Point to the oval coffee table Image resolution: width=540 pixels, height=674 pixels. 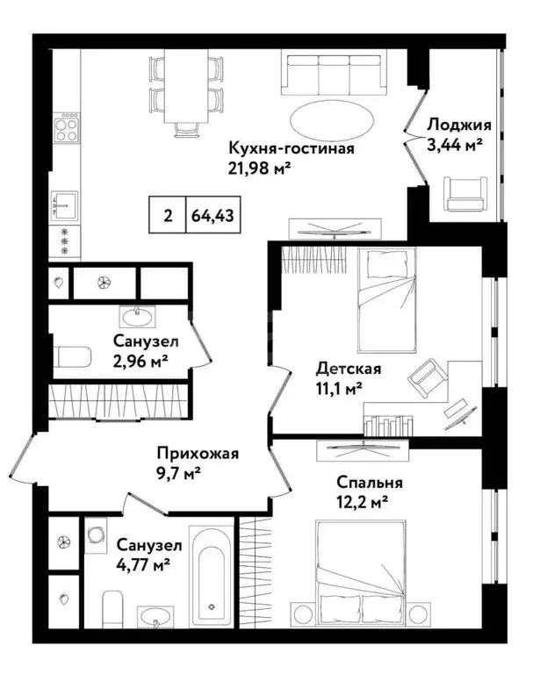point(326,117)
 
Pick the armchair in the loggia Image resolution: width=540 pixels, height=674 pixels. point(462,191)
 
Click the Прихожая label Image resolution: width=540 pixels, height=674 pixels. point(198,454)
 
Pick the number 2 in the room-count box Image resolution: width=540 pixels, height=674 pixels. point(166,213)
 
